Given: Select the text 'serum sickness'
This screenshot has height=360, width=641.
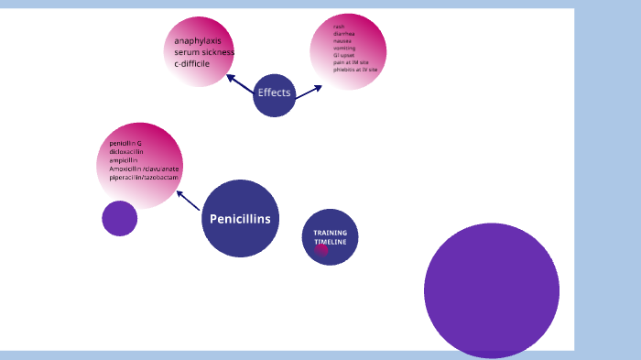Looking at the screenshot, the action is pos(204,52).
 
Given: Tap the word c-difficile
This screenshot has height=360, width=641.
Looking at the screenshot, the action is pos(192,64).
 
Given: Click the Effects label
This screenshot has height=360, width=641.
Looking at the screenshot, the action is pos(274,93).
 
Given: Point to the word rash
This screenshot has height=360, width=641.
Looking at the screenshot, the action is pos(339,27).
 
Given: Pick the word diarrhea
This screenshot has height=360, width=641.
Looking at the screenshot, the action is pos(344,34).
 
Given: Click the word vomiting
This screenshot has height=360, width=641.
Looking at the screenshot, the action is pos(345,49).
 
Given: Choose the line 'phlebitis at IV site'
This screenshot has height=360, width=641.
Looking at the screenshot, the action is pos(355,70).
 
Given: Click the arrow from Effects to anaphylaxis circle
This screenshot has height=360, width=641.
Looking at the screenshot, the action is pos(240,83).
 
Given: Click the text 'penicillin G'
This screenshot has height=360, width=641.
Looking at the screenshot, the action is pos(125,144).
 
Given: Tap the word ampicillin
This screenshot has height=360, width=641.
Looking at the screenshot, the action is pos(124,160).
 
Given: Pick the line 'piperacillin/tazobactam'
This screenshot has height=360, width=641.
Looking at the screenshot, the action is pos(143,177).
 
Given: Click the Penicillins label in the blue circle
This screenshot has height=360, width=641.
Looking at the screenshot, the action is pos(240,219).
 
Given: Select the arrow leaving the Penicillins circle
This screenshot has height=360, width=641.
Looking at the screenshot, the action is pos(188,201).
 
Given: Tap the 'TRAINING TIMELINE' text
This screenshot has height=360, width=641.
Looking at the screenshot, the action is pos(330,236).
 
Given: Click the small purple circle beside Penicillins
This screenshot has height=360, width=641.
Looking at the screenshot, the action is pos(119,218).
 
